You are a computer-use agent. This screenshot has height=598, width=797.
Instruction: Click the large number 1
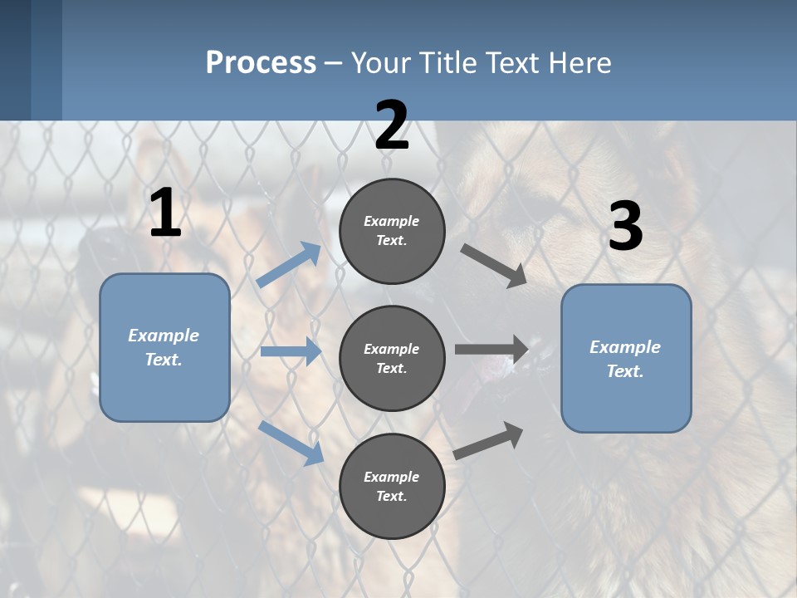click(165, 213)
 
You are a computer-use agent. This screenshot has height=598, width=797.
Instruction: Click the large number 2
click(392, 125)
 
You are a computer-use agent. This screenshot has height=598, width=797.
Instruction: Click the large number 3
click(625, 227)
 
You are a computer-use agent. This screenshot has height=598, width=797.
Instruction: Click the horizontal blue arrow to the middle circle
click(291, 351)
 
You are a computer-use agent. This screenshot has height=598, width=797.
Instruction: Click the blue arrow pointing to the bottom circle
click(291, 442)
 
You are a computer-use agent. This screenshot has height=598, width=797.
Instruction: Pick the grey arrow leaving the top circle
click(493, 265)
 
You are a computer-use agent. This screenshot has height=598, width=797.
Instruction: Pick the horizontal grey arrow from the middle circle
click(491, 350)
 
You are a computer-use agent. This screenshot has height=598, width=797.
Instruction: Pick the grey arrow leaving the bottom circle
click(489, 440)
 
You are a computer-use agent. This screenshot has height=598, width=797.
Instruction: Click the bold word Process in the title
click(261, 62)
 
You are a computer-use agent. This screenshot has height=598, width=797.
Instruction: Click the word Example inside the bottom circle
click(391, 477)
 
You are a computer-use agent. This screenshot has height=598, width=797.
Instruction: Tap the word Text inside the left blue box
click(164, 360)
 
